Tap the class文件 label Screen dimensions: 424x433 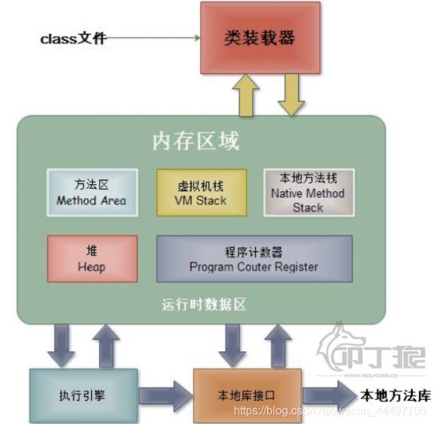[73, 38]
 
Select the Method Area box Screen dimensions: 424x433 [92, 192]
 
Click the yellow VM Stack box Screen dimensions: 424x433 [201, 192]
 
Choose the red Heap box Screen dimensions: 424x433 [92, 258]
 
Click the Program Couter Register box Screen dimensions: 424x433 [254, 258]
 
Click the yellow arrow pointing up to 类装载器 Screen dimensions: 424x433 [248, 96]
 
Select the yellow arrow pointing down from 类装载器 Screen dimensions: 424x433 [291, 96]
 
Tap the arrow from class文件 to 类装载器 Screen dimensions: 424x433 [152, 37]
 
